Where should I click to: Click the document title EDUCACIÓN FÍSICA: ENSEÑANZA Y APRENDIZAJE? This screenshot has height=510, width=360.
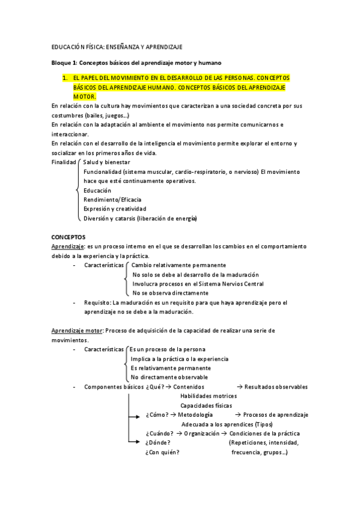(x=117, y=46)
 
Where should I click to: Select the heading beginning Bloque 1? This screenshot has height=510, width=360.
(x=136, y=63)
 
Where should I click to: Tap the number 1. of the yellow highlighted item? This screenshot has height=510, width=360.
(x=64, y=79)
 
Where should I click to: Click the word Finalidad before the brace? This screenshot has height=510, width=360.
(x=64, y=162)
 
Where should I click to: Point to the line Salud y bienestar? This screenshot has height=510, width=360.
(x=106, y=162)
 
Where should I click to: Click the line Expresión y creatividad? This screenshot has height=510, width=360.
(x=115, y=209)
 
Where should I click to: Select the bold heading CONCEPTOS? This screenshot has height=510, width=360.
(x=69, y=237)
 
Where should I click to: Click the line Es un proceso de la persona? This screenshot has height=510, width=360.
(x=168, y=349)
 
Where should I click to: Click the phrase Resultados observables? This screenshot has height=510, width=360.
(x=276, y=387)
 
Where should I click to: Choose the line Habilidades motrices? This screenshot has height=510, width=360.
(x=208, y=396)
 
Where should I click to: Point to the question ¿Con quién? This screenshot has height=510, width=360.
(x=162, y=452)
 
